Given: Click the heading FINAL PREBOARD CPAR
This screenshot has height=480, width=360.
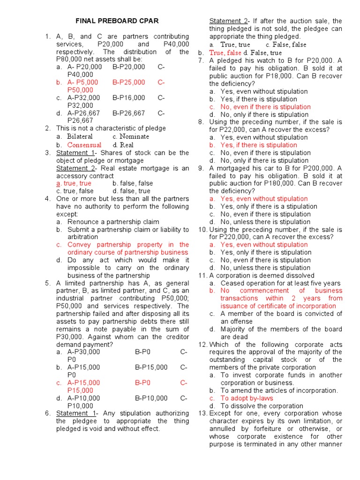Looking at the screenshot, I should click(117, 21).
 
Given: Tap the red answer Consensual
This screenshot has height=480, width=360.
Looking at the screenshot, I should click(84, 145).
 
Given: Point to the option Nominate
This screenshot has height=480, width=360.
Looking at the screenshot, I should click(134, 136).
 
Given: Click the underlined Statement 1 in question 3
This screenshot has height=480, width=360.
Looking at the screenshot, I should click(75, 153).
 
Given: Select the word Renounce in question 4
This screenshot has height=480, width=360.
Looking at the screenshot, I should click(83, 222).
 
